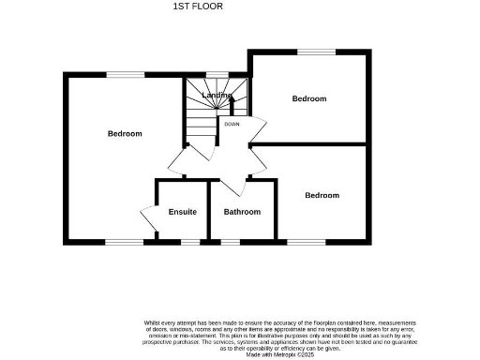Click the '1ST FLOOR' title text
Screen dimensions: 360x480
198,7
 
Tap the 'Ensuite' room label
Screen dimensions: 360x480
183,212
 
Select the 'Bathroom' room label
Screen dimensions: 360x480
242,212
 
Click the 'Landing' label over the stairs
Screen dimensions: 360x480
217,95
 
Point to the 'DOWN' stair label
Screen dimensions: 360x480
232,123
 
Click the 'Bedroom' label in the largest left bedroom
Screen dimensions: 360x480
125,134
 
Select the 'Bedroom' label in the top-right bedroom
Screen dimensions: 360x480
308,98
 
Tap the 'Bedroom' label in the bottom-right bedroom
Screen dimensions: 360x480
322,195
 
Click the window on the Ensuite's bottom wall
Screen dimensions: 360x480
190,242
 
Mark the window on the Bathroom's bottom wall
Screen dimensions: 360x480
230,242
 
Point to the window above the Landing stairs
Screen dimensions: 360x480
217,74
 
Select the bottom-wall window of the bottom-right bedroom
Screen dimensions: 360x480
306,242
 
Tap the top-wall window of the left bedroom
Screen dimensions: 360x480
119,74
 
